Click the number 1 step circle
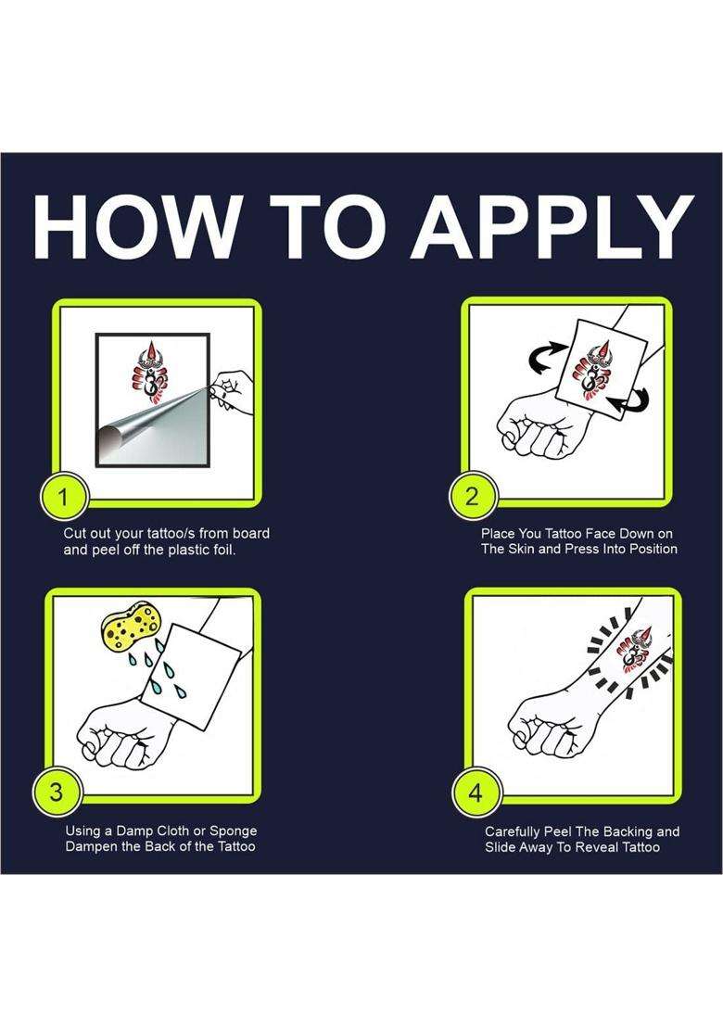63,498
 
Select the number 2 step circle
472,497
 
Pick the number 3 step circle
57,792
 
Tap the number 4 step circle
476,792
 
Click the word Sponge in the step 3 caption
233,831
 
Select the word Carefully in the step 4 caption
514,831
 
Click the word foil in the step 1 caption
222,550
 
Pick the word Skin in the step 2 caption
521,549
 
